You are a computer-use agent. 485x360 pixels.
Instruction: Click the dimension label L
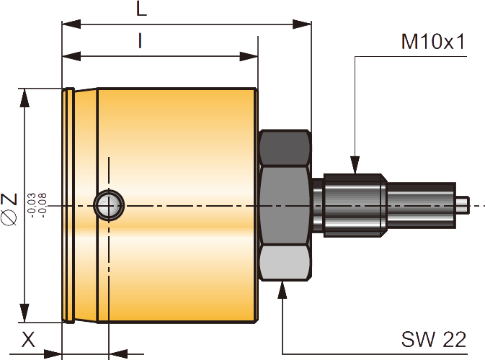[x=141, y=9]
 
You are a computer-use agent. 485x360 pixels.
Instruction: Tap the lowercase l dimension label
[x=140, y=41]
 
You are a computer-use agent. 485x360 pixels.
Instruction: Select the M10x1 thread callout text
[x=432, y=41]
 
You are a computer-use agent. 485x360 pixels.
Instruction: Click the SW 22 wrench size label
[x=434, y=338]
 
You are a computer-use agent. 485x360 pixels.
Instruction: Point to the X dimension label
[x=27, y=339]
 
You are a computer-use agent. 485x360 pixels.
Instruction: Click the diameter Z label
[x=9, y=208]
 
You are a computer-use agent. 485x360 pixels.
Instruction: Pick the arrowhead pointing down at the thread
[x=355, y=166]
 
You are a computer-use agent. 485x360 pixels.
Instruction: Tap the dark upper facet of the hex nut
[x=285, y=148]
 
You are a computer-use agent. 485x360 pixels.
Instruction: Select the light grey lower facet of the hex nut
[x=285, y=263]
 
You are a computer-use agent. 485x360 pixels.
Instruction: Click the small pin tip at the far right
[x=463, y=205]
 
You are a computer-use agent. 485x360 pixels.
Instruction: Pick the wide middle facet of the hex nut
[x=285, y=205]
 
